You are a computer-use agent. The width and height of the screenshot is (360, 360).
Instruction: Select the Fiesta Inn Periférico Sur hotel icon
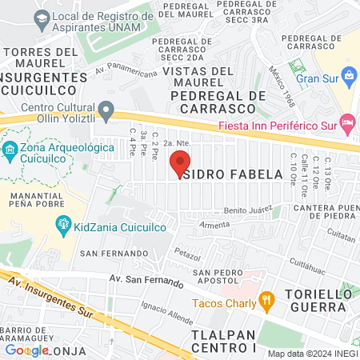coord(346,125)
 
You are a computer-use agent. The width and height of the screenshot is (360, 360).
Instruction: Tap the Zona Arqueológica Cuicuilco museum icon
coord(10,149)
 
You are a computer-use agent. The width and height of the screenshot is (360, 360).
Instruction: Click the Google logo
coord(27,350)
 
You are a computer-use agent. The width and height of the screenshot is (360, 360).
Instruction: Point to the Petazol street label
coord(186,254)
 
